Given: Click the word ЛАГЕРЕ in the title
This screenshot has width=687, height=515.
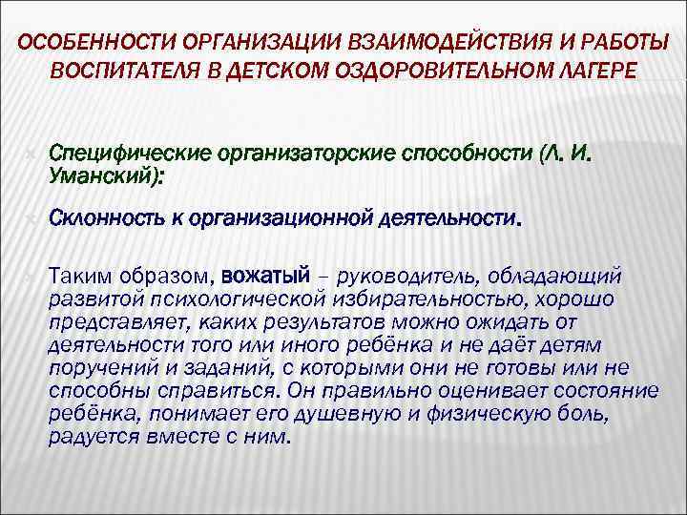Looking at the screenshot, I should click(592, 72).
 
